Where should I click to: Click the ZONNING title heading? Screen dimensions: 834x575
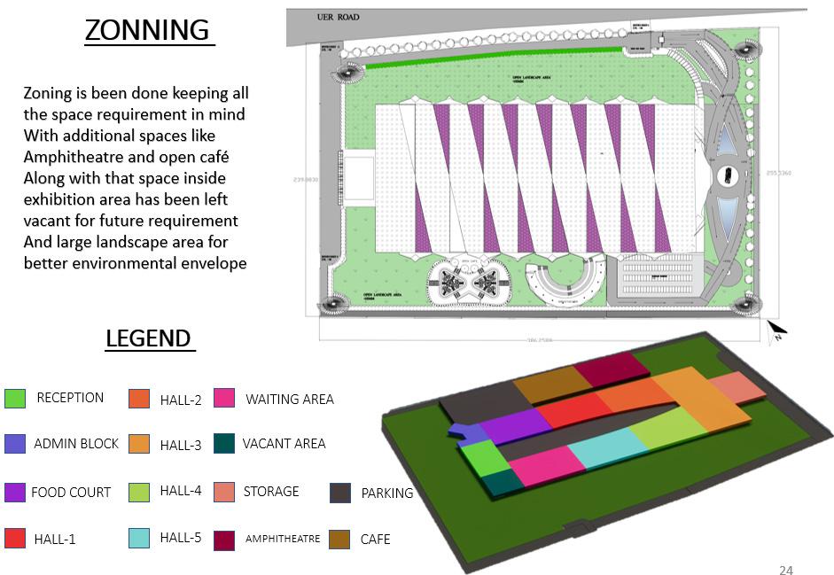pyautogui.click(x=148, y=30)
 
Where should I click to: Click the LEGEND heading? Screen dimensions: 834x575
pyautogui.click(x=148, y=338)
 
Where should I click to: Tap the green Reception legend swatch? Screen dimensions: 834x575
pyautogui.click(x=15, y=399)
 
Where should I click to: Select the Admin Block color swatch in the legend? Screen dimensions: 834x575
pyautogui.click(x=15, y=444)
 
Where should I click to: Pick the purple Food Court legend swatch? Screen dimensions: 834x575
pyautogui.click(x=15, y=492)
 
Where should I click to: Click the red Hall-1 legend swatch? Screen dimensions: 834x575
pyautogui.click(x=15, y=538)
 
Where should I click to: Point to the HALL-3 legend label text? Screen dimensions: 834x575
pyautogui.click(x=181, y=446)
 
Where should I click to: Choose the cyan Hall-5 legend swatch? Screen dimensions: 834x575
pyautogui.click(x=138, y=538)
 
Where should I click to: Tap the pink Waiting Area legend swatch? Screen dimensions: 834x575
pyautogui.click(x=224, y=399)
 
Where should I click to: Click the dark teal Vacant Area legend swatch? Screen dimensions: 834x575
pyautogui.click(x=224, y=444)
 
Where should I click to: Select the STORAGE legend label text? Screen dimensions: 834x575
pyautogui.click(x=271, y=491)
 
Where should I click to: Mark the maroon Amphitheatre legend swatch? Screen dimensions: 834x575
pyautogui.click(x=224, y=539)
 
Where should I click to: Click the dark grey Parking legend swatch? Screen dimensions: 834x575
pyautogui.click(x=340, y=493)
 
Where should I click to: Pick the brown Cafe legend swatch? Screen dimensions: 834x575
pyautogui.click(x=339, y=539)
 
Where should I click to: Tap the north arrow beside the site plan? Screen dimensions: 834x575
pyautogui.click(x=776, y=331)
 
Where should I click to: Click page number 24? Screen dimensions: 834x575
pyautogui.click(x=785, y=569)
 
